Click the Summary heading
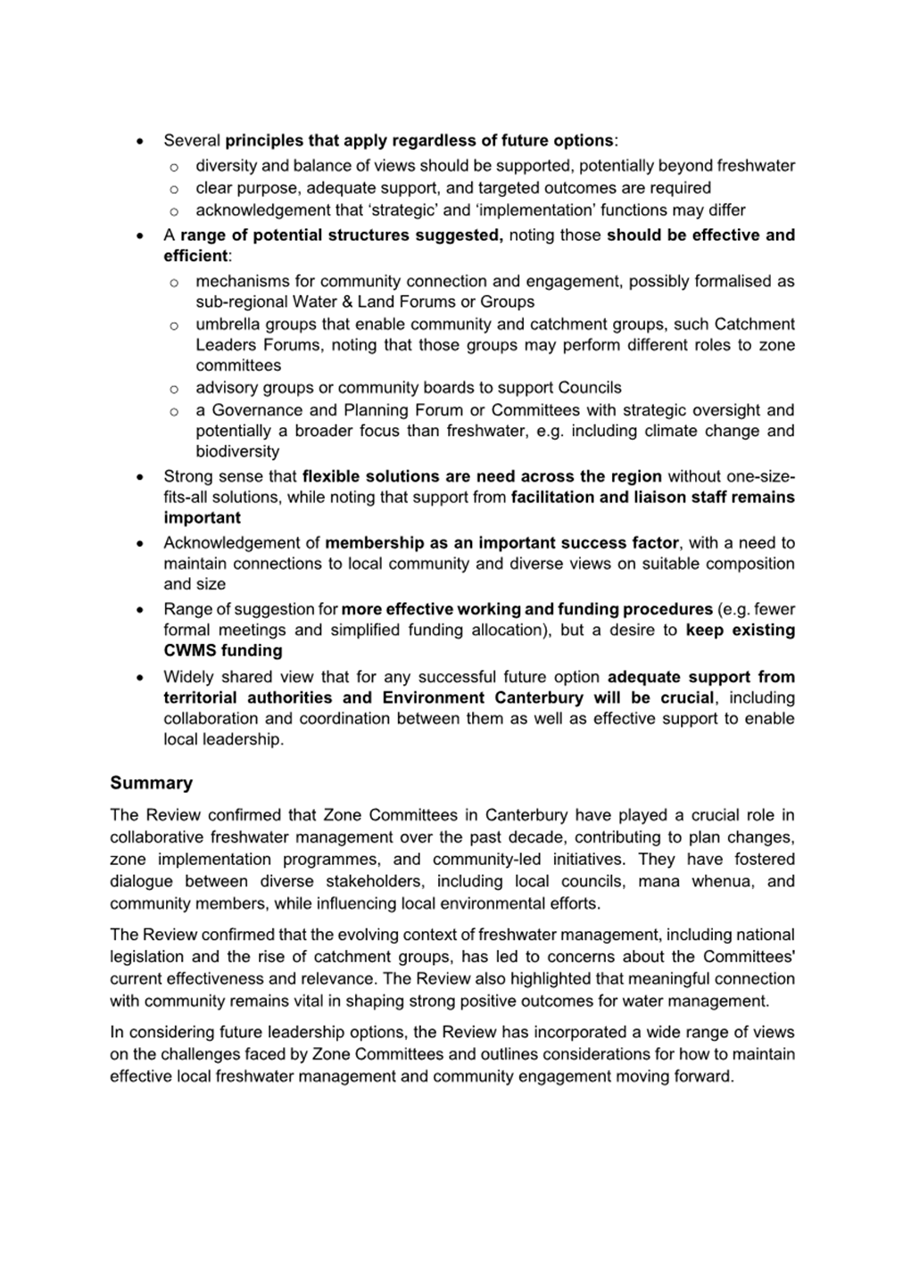tap(151, 783)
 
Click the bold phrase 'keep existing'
tap(740, 630)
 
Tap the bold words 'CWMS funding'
tap(222, 650)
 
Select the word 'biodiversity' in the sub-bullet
tap(237, 451)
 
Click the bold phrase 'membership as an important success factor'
tap(501, 542)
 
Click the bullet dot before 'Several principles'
tap(140, 141)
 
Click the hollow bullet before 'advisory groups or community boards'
tap(173, 389)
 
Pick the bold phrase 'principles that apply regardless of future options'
tap(419, 140)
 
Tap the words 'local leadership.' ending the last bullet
tap(223, 739)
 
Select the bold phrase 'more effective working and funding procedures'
tap(526, 609)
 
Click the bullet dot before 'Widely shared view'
tap(140, 678)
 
